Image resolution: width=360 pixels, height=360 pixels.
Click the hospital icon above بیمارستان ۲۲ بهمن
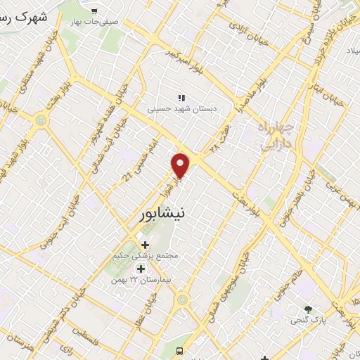click(141, 269)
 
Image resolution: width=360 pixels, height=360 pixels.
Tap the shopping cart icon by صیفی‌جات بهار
click(94, 11)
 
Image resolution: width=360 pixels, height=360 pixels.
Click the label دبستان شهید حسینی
click(179, 110)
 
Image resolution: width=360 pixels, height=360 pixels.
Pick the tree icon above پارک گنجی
click(307, 309)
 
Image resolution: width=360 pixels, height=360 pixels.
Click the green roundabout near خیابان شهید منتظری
click(40, 120)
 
